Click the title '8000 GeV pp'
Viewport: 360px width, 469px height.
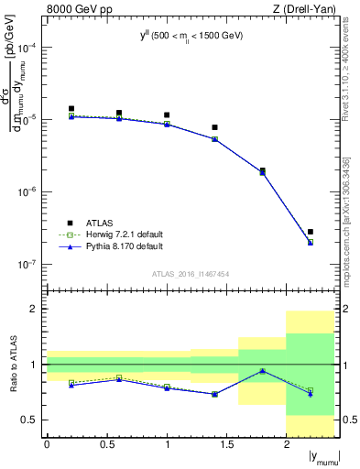tap(72, 9)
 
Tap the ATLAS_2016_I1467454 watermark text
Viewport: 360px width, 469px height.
tap(190, 274)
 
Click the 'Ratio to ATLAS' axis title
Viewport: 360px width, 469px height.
tap(13, 364)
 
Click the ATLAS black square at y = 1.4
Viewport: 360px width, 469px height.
tap(215, 127)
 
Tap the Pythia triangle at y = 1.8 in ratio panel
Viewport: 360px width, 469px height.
tap(263, 371)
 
